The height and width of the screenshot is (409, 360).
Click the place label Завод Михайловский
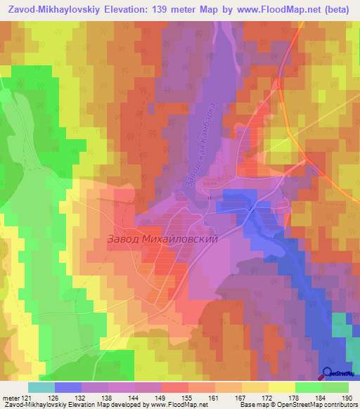pos(162,239)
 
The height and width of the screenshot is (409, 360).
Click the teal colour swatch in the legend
pos(41,387)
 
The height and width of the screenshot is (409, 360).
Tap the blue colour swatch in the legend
pos(67,387)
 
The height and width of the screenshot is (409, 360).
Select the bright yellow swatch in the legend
pos(281,387)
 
